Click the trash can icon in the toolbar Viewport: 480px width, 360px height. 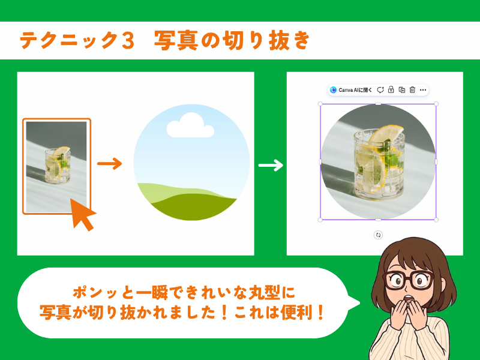pyautogui.click(x=412, y=89)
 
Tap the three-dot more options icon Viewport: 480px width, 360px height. pyautogui.click(x=423, y=90)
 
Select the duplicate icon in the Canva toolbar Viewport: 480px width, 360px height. pyautogui.click(x=401, y=89)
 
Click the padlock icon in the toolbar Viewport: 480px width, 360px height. pyautogui.click(x=391, y=89)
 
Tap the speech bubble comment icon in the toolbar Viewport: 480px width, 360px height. pyautogui.click(x=380, y=89)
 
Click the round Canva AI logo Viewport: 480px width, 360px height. pyautogui.click(x=334, y=90)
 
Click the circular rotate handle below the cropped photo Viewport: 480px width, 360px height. pyautogui.click(x=379, y=235)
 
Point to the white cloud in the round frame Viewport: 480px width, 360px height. pyautogui.click(x=190, y=125)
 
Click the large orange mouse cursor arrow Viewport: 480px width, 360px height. pyautogui.click(x=82, y=214)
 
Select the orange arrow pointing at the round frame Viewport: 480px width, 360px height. pyautogui.click(x=110, y=163)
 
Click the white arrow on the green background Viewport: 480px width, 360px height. pyautogui.click(x=271, y=166)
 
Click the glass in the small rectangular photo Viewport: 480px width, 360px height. pyautogui.click(x=58, y=166)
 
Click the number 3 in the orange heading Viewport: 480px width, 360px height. pyautogui.click(x=128, y=40)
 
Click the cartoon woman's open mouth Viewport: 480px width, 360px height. pyautogui.click(x=408, y=298)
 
